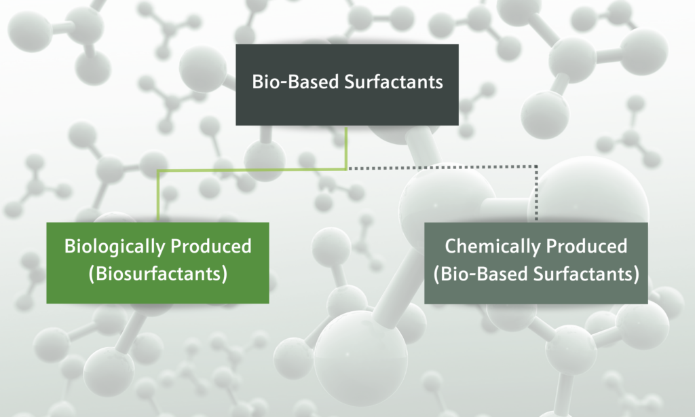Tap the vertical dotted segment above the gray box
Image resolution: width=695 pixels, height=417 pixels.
pos(537,194)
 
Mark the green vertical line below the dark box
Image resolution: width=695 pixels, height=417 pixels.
pos(346,147)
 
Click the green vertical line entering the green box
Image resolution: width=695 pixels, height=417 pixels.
pos(157,197)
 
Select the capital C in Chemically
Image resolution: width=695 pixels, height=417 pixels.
pos(450,246)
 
